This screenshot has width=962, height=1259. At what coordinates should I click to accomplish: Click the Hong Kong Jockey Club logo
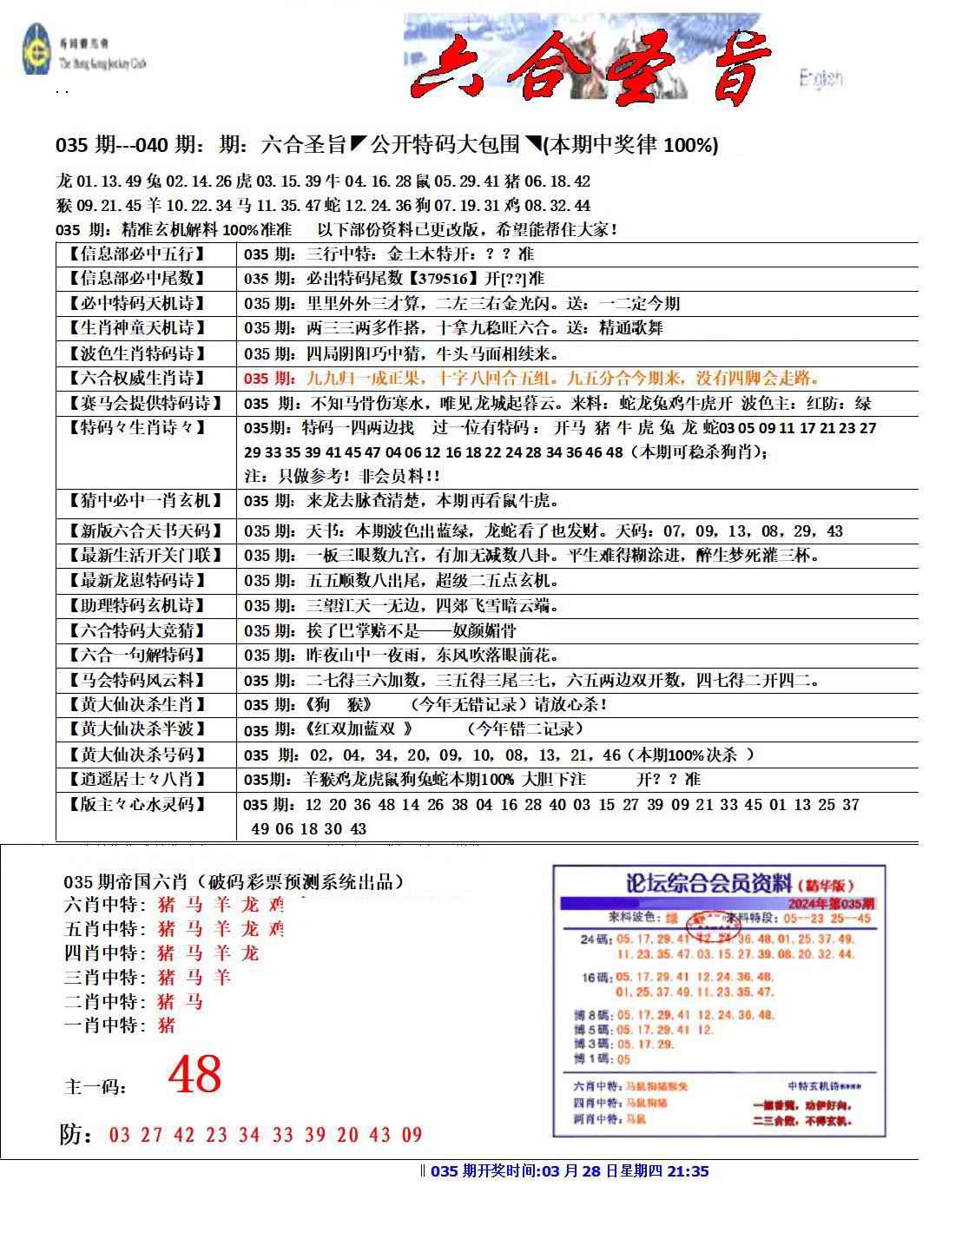(36, 50)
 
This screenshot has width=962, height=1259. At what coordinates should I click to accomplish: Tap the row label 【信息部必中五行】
(137, 254)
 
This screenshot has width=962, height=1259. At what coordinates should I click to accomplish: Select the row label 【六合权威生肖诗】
(137, 379)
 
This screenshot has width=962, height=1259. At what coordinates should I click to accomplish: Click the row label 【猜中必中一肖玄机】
(137, 501)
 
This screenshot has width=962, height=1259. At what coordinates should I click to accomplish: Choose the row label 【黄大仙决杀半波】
(137, 729)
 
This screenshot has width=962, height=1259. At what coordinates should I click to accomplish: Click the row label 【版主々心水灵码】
(137, 805)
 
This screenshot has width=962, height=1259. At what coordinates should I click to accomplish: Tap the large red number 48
(194, 1075)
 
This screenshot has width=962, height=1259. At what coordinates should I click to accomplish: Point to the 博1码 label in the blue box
(592, 1059)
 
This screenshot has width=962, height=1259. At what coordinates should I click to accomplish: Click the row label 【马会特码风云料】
(137, 680)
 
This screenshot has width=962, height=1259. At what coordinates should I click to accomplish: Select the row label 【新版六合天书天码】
(137, 531)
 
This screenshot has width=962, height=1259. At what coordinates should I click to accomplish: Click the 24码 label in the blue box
(595, 939)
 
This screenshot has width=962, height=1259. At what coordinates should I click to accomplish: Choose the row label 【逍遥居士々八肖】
(137, 779)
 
